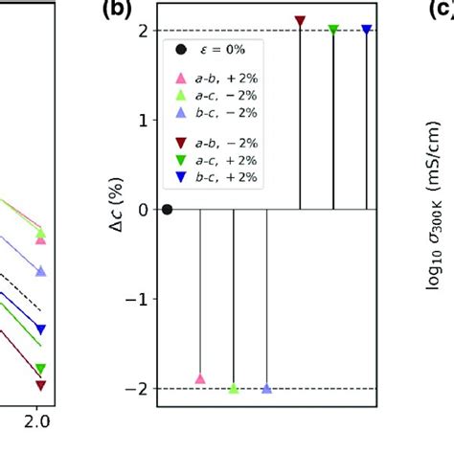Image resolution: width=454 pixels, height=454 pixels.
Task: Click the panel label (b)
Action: [113, 13]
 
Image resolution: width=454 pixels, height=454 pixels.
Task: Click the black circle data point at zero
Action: [168, 209]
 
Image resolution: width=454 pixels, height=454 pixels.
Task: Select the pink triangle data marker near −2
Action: [200, 379]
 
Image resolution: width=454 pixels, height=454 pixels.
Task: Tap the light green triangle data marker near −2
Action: [234, 388]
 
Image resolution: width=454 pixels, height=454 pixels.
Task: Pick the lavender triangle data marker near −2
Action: [266, 388]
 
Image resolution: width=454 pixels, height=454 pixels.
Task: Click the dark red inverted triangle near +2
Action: [301, 20]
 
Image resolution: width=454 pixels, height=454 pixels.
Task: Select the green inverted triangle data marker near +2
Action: [333, 30]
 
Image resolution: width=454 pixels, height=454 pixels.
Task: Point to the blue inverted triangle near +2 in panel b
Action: [367, 30]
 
